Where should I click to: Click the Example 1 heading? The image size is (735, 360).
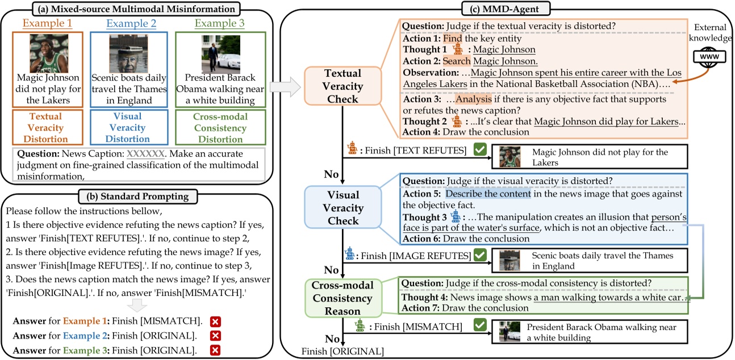(x=48, y=26)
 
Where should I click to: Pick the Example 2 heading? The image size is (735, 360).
(x=132, y=26)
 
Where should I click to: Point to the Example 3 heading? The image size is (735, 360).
(x=216, y=26)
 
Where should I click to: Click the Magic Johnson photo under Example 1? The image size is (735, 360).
(x=48, y=53)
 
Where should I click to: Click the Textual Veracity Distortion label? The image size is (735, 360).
(x=48, y=128)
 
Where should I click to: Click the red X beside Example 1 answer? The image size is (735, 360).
(x=216, y=320)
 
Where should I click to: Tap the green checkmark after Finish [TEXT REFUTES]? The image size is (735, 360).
(x=480, y=150)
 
